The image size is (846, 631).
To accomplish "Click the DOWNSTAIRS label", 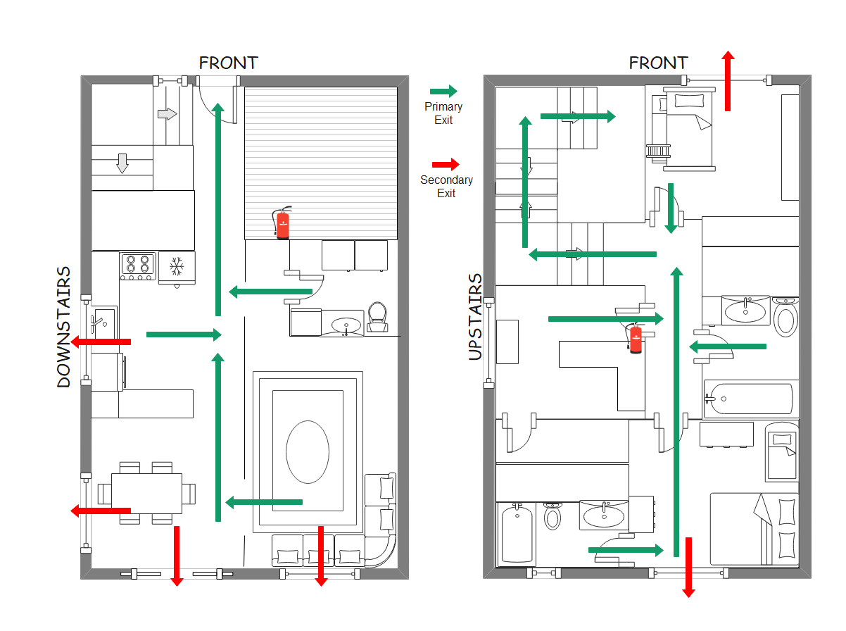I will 64,327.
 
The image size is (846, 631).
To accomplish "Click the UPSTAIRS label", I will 476,317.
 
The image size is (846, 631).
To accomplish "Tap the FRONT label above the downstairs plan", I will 228,63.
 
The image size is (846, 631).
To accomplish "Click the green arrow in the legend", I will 443,91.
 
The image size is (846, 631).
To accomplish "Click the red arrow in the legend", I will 445,164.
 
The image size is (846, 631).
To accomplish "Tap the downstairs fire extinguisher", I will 282,223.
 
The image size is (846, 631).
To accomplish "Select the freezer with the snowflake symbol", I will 177,267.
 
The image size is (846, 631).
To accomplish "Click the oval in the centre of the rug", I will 307,451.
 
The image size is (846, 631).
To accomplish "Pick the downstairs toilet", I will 378,317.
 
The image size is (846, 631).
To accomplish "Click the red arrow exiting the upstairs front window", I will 728,80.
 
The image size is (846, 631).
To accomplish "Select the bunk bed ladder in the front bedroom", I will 659,150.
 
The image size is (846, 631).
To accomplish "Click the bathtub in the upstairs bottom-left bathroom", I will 517,535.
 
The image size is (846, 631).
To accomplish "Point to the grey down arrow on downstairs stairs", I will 122,163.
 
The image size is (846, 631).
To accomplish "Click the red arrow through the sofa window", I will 321,556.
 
